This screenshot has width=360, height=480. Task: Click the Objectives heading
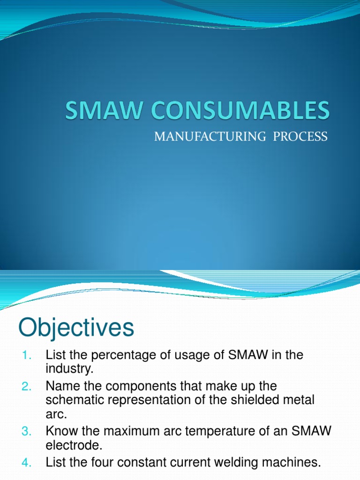click(x=76, y=328)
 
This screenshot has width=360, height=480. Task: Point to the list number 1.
click(x=26, y=355)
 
